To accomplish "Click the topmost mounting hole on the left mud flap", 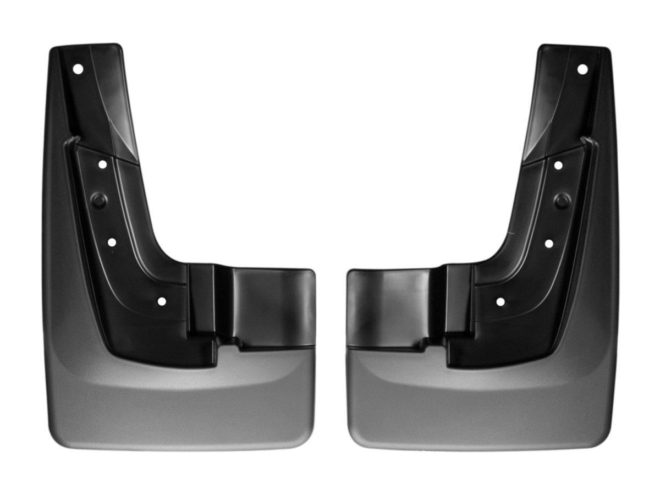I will pyautogui.click(x=78, y=69).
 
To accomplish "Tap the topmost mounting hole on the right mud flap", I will pyautogui.click(x=582, y=69).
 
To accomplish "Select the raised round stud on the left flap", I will pyautogui.click(x=98, y=200).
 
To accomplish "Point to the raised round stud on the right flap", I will pyautogui.click(x=562, y=200).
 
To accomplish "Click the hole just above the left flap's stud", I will pyautogui.click(x=102, y=164).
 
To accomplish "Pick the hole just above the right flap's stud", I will pyautogui.click(x=558, y=165).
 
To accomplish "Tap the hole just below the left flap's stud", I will pyautogui.click(x=112, y=242).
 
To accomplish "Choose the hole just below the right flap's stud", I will pyautogui.click(x=549, y=243).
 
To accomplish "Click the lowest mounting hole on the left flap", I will pyautogui.click(x=162, y=301).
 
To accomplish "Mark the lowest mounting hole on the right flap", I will pyautogui.click(x=500, y=301).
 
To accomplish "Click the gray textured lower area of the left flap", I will pyautogui.click(x=182, y=407).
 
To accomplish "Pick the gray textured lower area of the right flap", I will pyautogui.click(x=479, y=407).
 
